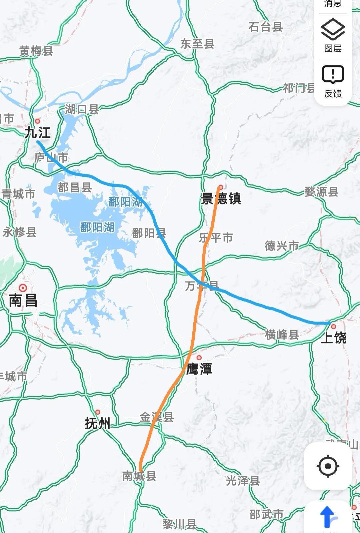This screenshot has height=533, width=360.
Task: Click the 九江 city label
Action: (38, 133)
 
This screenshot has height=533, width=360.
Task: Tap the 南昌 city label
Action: (23, 301)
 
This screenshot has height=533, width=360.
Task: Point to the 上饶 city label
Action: (333, 338)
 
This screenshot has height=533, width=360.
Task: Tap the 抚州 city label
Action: (97, 424)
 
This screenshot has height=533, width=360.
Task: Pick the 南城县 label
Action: (139, 476)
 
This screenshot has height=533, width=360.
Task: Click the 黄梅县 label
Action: (36, 51)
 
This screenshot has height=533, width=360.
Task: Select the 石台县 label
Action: (266, 27)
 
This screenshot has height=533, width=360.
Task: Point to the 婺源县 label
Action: (321, 192)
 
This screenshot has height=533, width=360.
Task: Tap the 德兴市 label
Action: (282, 246)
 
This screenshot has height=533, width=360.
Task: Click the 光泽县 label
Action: (243, 481)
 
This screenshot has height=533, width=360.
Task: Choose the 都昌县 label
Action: (74, 187)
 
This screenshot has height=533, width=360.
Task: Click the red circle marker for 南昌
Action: (23, 288)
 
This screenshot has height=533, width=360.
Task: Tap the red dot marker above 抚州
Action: (98, 412)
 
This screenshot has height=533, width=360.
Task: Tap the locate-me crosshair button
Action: (328, 466)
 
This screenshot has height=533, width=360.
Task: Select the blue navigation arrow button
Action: (328, 517)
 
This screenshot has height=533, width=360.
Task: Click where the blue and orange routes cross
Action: (202, 284)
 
